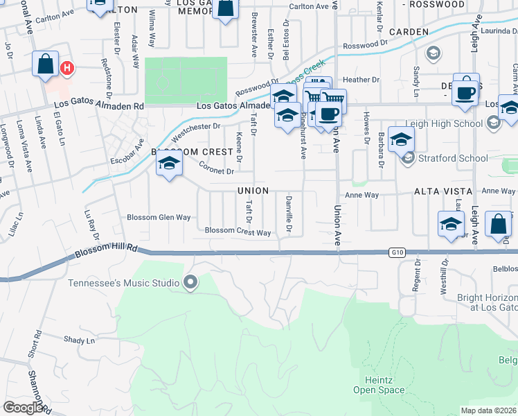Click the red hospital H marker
[67, 69]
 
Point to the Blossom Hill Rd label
[107, 250]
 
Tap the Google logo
[23, 408]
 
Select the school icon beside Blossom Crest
[168, 165]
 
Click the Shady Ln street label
[78, 340]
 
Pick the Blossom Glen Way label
[159, 217]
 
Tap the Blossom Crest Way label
[238, 232]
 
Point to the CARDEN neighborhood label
[410, 32]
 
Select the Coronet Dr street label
[217, 168]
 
